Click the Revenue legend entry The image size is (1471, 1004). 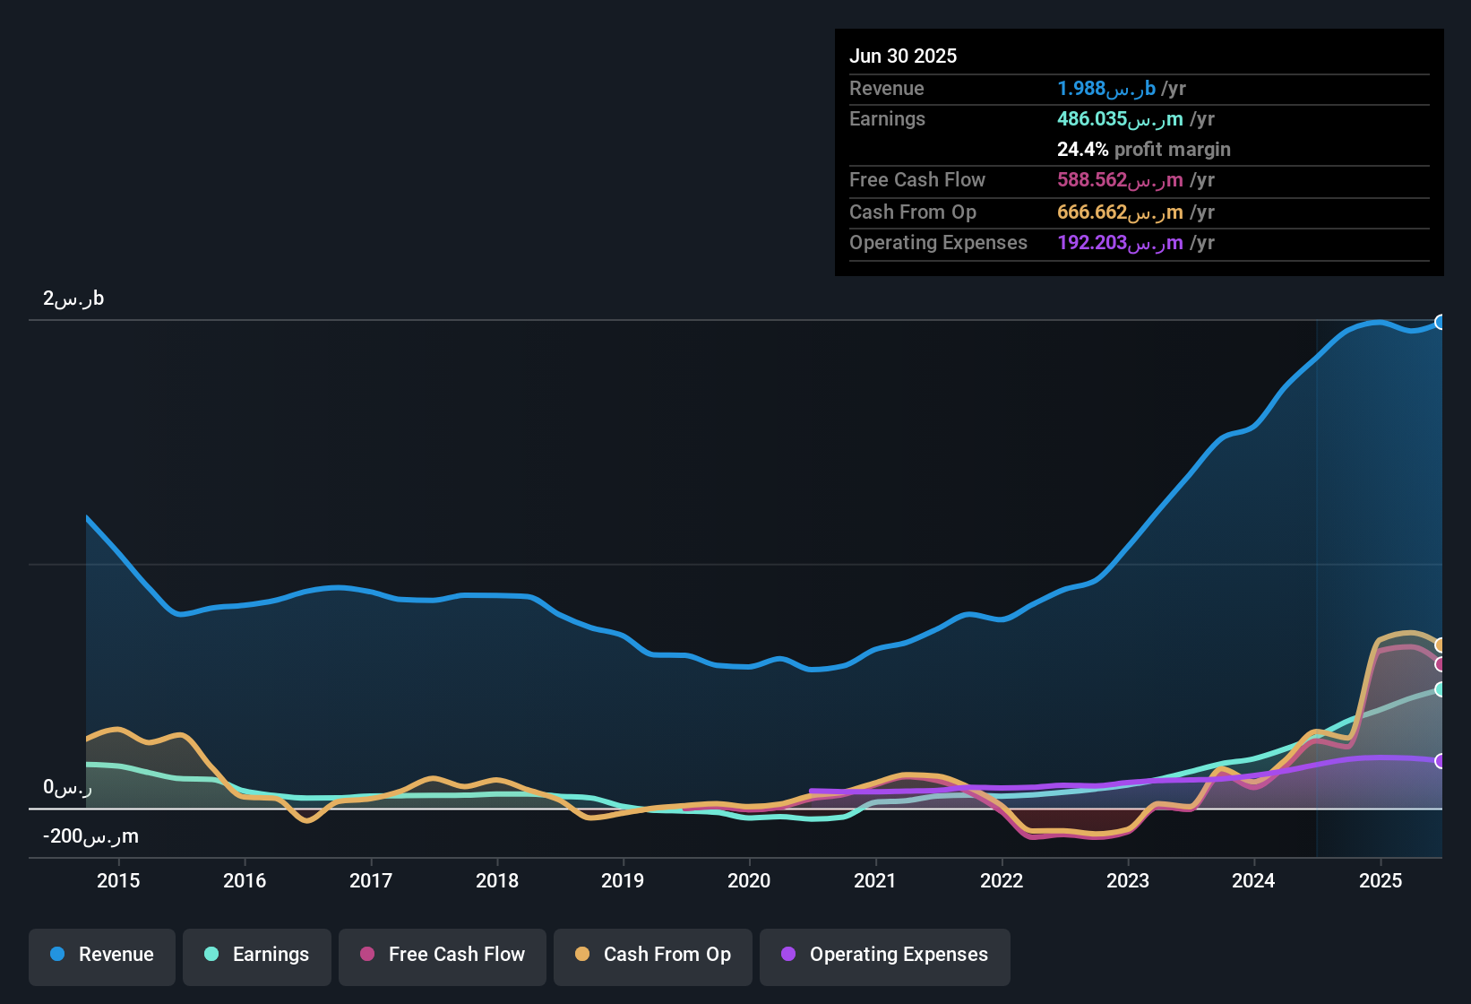pyautogui.click(x=102, y=955)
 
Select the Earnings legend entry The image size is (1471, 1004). pyautogui.click(x=257, y=955)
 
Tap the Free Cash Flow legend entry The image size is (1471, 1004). pyautogui.click(x=443, y=955)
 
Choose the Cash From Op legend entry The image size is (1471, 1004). pyautogui.click(x=653, y=955)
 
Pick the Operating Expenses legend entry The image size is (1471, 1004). pyautogui.click(x=885, y=955)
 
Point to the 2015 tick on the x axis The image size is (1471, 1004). pyautogui.click(x=118, y=880)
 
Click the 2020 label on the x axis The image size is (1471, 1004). pyautogui.click(x=749, y=880)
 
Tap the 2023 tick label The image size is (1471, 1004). pyautogui.click(x=1128, y=880)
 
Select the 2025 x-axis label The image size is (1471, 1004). pyautogui.click(x=1381, y=880)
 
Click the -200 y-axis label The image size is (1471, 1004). pyautogui.click(x=90, y=836)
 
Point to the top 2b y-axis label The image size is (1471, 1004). pyautogui.click(x=73, y=299)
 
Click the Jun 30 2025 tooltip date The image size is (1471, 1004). pyautogui.click(x=903, y=56)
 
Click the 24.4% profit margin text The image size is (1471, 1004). pyautogui.click(x=1143, y=150)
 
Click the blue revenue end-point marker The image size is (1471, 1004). pyautogui.click(x=1441, y=322)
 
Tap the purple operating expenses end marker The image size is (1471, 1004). pyautogui.click(x=1441, y=761)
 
